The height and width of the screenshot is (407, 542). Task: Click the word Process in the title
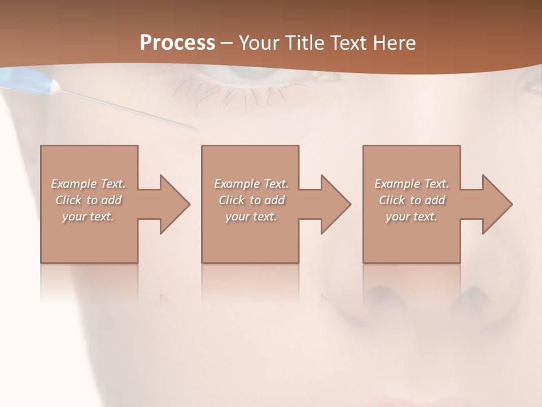click(177, 43)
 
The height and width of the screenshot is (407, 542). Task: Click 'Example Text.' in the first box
click(89, 184)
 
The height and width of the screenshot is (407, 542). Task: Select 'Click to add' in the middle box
click(251, 200)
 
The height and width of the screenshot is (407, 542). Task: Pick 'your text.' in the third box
click(412, 217)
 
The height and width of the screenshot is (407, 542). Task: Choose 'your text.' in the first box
click(89, 217)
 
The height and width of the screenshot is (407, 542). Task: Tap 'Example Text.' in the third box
click(412, 184)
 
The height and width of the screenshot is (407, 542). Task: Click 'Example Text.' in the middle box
click(251, 184)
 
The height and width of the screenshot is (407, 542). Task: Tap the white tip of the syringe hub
click(55, 86)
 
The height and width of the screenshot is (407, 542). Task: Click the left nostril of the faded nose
click(377, 294)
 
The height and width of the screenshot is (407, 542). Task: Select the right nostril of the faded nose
click(471, 294)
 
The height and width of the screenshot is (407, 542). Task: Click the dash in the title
click(227, 43)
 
